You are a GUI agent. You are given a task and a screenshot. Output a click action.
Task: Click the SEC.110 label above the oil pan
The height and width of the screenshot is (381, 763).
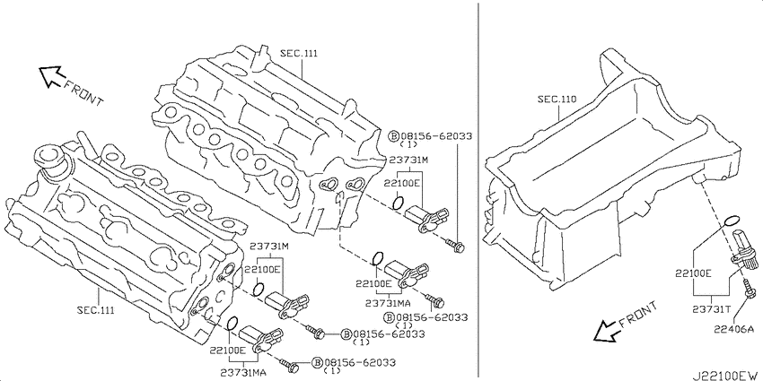pyautogui.click(x=557, y=100)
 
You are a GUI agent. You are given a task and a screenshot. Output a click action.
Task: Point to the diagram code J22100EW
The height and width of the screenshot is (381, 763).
pyautogui.click(x=725, y=375)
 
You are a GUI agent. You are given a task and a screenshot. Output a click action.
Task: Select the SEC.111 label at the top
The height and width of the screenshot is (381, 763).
pyautogui.click(x=298, y=54)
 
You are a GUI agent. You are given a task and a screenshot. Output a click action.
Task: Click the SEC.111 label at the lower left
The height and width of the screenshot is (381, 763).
pyautogui.click(x=96, y=310)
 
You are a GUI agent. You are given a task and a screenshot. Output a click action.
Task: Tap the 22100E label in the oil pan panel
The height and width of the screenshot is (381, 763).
pyautogui.click(x=693, y=273)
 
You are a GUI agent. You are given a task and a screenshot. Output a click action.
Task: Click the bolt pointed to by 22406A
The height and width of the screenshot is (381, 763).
pyautogui.click(x=748, y=289)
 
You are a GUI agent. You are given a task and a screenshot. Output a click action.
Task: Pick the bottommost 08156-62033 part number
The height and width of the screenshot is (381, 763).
pyautogui.click(x=360, y=362)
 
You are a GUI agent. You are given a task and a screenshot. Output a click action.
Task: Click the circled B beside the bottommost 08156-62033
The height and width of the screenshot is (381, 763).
pyautogui.click(x=317, y=362)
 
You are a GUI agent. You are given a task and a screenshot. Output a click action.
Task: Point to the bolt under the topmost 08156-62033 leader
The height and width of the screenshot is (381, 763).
pyautogui.click(x=455, y=246)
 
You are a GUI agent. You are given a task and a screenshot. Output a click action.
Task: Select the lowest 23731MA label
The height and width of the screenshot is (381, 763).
pyautogui.click(x=243, y=372)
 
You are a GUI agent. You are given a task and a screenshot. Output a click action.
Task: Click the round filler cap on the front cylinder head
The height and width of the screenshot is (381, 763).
pyautogui.click(x=48, y=157)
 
